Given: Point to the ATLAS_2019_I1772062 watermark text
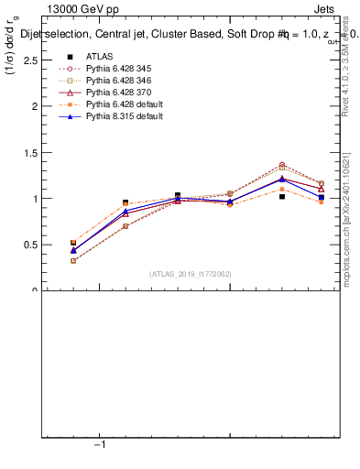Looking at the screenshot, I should pos(191,274).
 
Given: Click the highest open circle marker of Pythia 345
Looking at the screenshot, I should pos(281,165).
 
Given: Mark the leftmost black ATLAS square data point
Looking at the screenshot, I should pos(73,243).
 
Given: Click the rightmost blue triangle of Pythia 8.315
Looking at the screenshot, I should pos(321,197).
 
